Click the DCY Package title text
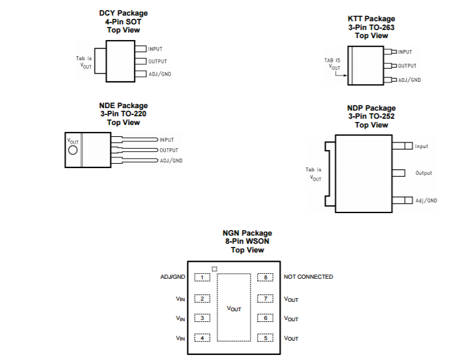click(123, 13)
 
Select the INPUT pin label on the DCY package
click(155, 49)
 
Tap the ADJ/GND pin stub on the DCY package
click(141, 74)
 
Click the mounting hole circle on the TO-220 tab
click(73, 150)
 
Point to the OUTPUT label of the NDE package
click(169, 150)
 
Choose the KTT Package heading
click(372, 19)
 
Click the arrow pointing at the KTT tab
click(341, 74)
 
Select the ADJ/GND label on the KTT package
click(409, 80)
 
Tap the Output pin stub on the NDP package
click(398, 173)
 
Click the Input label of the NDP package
click(422, 146)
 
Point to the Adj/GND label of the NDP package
click(426, 201)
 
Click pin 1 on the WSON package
click(202, 277)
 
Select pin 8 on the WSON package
click(265, 277)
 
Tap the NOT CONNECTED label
click(308, 277)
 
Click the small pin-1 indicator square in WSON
click(215, 269)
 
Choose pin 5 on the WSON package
click(265, 338)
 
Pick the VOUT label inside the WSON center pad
click(234, 309)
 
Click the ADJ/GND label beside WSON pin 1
click(173, 277)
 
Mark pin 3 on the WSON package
click(202, 318)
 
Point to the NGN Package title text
click(247, 233)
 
